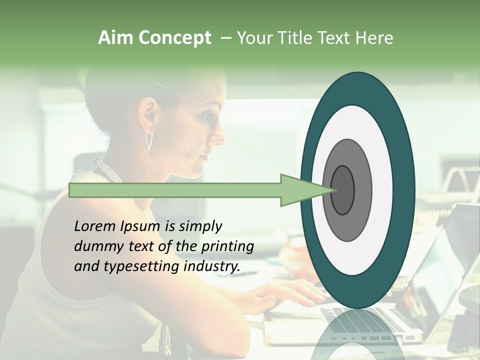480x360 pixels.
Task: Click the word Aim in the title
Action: tap(115, 38)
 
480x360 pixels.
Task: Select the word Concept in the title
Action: tap(174, 38)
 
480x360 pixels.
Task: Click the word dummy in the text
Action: tap(95, 246)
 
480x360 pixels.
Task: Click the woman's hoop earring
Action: tap(149, 142)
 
